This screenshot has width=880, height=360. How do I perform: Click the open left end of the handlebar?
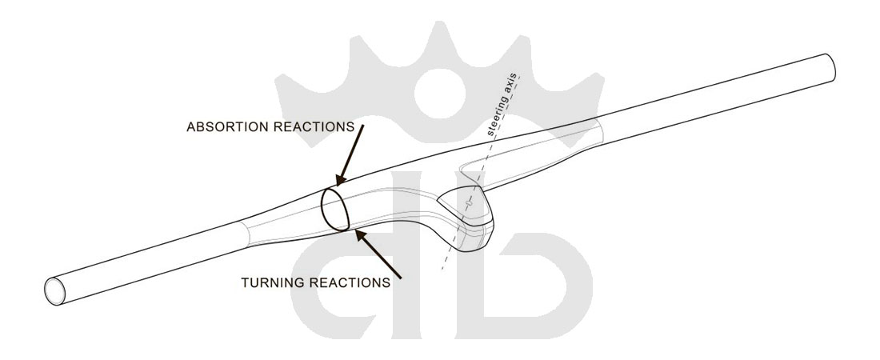(x=55, y=289)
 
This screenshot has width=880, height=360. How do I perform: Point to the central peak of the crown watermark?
(x=438, y=28)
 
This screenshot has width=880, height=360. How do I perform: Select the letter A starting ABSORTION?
(x=190, y=127)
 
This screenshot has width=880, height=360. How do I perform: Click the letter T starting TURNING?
(x=244, y=282)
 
